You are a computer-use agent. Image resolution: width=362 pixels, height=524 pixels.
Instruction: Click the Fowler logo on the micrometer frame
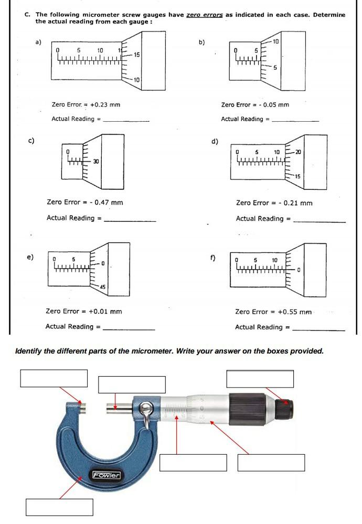(x=107, y=476)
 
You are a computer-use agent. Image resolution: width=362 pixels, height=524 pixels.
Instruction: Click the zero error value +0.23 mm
(x=105, y=104)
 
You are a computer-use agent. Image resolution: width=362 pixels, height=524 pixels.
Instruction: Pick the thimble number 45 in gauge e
(x=102, y=286)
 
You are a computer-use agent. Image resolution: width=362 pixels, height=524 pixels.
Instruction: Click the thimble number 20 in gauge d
(x=298, y=152)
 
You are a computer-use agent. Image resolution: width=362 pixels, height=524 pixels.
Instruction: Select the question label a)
(x=38, y=42)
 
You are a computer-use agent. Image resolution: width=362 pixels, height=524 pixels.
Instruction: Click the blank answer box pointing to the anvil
(x=54, y=378)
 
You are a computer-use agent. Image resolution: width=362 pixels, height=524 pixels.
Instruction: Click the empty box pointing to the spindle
(x=132, y=384)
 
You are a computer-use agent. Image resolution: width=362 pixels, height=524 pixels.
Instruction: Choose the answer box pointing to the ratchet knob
(x=260, y=378)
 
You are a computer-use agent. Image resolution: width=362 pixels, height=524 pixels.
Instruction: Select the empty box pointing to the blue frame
(x=59, y=507)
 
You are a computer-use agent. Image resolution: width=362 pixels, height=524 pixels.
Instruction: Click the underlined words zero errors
(x=205, y=15)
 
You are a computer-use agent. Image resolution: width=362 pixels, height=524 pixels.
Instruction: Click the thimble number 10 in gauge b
(x=276, y=41)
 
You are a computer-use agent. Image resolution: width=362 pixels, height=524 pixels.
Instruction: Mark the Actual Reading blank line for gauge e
(x=129, y=329)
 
